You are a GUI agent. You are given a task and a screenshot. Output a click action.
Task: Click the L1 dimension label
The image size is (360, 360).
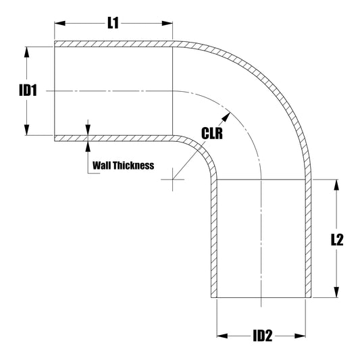(x=113, y=24)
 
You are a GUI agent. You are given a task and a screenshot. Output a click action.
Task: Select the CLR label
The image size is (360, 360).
(x=213, y=133)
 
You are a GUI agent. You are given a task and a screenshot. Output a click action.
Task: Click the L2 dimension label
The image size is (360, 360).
(x=338, y=239)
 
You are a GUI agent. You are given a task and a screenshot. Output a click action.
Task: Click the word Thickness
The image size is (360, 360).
(x=134, y=165)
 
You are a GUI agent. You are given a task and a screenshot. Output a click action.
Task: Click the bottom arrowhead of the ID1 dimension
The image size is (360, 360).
(x=26, y=131)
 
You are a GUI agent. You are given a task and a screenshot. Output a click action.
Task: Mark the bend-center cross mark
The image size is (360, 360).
(x=173, y=180)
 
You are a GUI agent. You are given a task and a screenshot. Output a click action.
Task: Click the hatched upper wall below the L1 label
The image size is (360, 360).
(x=113, y=44)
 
